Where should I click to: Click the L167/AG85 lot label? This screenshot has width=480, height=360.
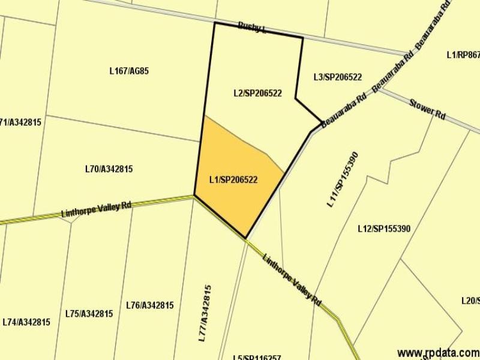129,71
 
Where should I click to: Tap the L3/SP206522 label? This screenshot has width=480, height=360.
337,77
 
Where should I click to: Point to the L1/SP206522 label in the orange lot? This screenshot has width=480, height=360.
233,179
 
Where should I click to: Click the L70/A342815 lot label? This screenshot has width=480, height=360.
109,169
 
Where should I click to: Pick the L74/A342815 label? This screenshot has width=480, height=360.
26,322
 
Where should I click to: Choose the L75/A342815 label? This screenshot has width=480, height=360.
89,314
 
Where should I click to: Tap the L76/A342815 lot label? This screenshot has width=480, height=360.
150,305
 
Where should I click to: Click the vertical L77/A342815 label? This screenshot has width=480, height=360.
205,313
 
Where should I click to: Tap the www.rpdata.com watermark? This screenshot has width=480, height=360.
438,352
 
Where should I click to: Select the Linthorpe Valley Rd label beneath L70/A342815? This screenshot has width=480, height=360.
96,210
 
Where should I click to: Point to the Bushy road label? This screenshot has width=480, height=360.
251,26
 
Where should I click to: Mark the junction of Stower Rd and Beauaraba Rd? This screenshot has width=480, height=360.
382,90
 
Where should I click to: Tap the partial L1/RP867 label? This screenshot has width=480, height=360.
463,55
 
